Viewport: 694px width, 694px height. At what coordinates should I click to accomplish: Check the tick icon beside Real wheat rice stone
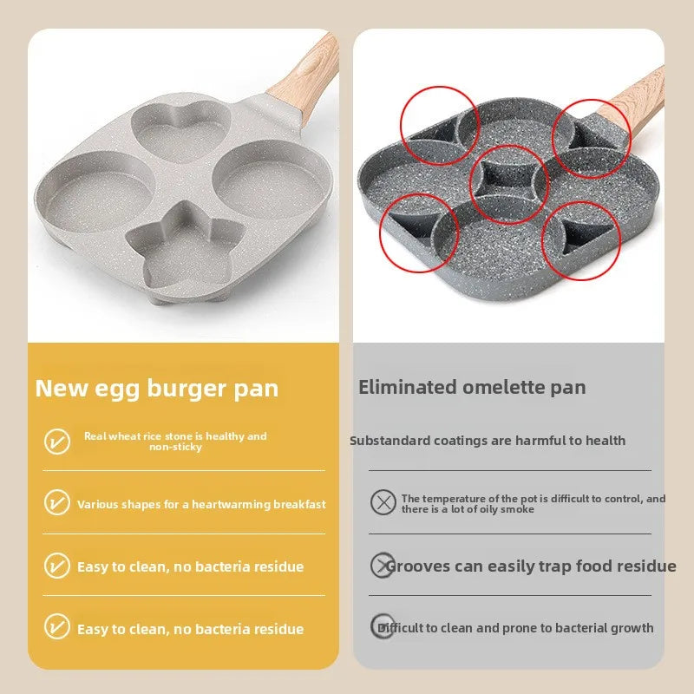pos(57,441)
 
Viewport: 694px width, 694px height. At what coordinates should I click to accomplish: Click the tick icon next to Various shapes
pos(57,503)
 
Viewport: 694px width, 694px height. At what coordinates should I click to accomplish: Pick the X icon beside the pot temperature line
pos(383,502)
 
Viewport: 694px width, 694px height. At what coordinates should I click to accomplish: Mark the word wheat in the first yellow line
pos(127,436)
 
